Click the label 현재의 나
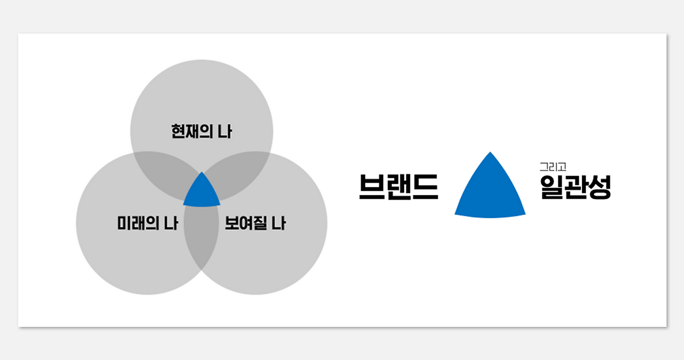(201, 131)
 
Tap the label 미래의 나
(147, 223)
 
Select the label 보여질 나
(255, 223)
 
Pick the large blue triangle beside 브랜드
(489, 192)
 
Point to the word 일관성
(575, 187)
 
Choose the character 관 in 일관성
(576, 187)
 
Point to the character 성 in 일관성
(599, 187)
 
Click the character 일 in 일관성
(551, 187)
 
